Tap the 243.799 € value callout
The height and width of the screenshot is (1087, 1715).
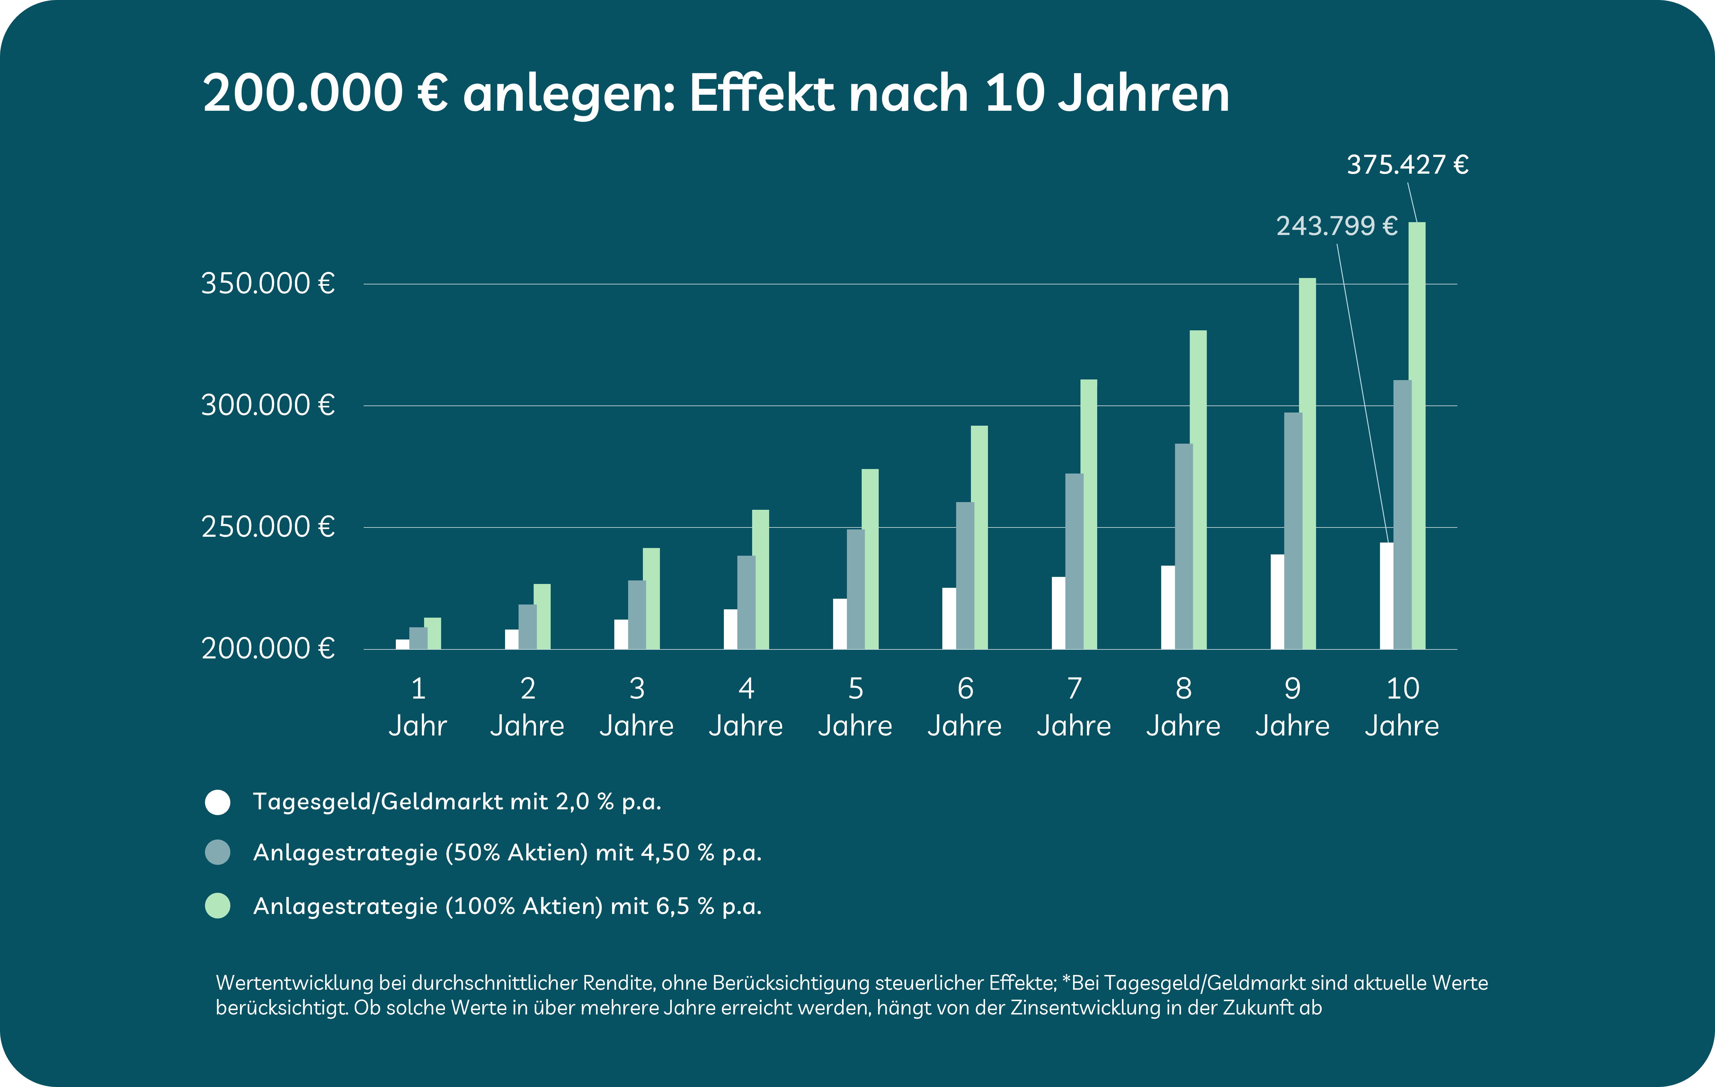coord(1336,226)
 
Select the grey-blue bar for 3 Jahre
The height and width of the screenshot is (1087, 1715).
coord(637,614)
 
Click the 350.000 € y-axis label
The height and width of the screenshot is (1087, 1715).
coord(268,284)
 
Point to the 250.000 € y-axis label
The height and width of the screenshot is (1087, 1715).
coord(268,527)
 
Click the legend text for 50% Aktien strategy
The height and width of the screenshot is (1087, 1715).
coord(507,853)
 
